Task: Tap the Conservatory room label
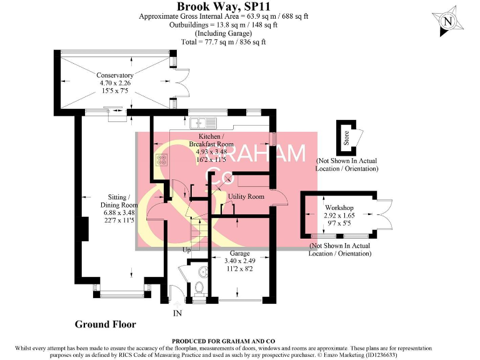pos(115,84)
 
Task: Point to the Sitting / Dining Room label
pos(119,204)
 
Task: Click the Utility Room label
pos(246,196)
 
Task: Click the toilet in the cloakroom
pos(199,288)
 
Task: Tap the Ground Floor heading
pos(105,324)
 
